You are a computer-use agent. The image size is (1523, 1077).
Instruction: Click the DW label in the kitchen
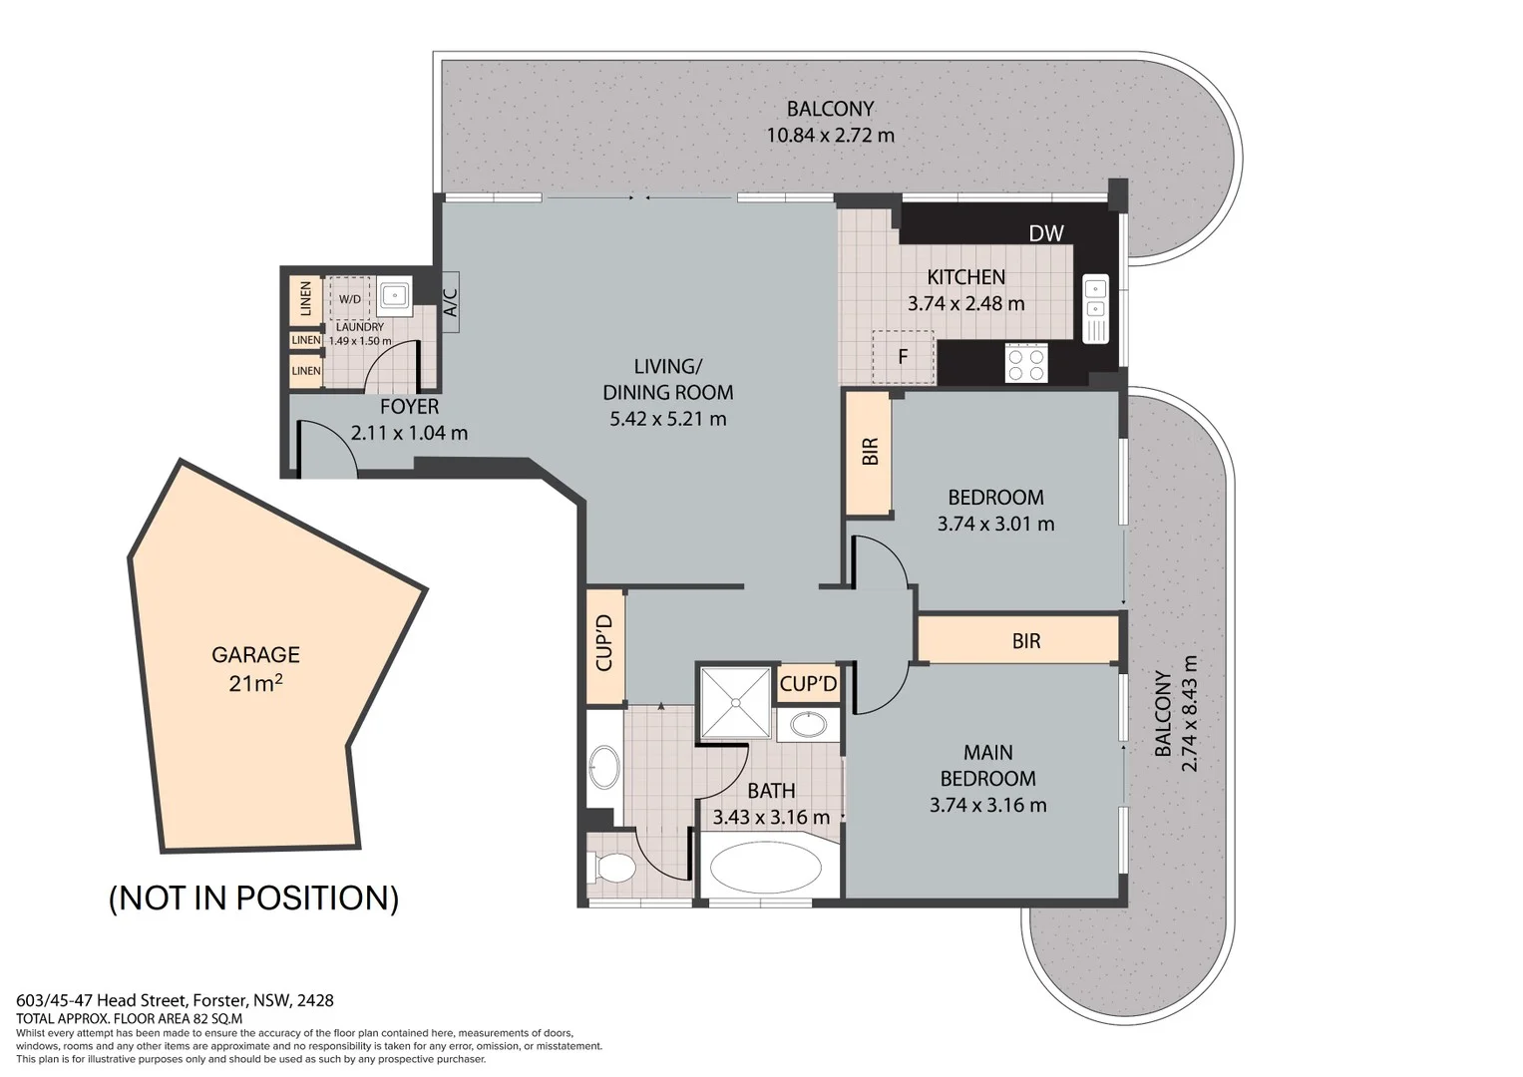(x=1046, y=233)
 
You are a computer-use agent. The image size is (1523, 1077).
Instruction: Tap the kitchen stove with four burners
(x=1026, y=362)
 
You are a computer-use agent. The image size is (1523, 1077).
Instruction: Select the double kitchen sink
(x=1095, y=308)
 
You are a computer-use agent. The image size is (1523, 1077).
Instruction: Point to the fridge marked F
(x=903, y=357)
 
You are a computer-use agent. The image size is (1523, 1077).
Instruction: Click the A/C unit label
(x=449, y=303)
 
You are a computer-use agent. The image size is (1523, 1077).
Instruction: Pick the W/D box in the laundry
(x=350, y=298)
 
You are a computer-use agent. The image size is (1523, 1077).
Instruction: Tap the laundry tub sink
(x=395, y=295)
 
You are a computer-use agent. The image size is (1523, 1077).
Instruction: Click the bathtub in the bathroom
(x=766, y=868)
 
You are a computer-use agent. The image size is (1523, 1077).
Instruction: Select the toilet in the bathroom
(x=611, y=867)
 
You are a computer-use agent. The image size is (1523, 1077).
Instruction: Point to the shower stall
(x=735, y=703)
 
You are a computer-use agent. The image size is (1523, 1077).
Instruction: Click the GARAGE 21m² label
(x=255, y=667)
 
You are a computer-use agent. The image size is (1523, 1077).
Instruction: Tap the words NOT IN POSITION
(x=253, y=897)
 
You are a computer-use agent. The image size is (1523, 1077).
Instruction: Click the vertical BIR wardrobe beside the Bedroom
(x=869, y=452)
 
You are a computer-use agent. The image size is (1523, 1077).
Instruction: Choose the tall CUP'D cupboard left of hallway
(x=604, y=645)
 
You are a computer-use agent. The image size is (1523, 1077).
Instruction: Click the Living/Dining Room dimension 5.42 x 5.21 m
(x=667, y=419)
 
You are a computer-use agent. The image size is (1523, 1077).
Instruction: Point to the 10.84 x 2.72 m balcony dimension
(x=830, y=135)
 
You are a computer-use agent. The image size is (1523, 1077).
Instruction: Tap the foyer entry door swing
(x=324, y=447)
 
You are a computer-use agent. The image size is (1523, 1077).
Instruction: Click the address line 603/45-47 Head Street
(x=175, y=1000)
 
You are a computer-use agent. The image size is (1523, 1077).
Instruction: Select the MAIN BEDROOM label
(x=987, y=765)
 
